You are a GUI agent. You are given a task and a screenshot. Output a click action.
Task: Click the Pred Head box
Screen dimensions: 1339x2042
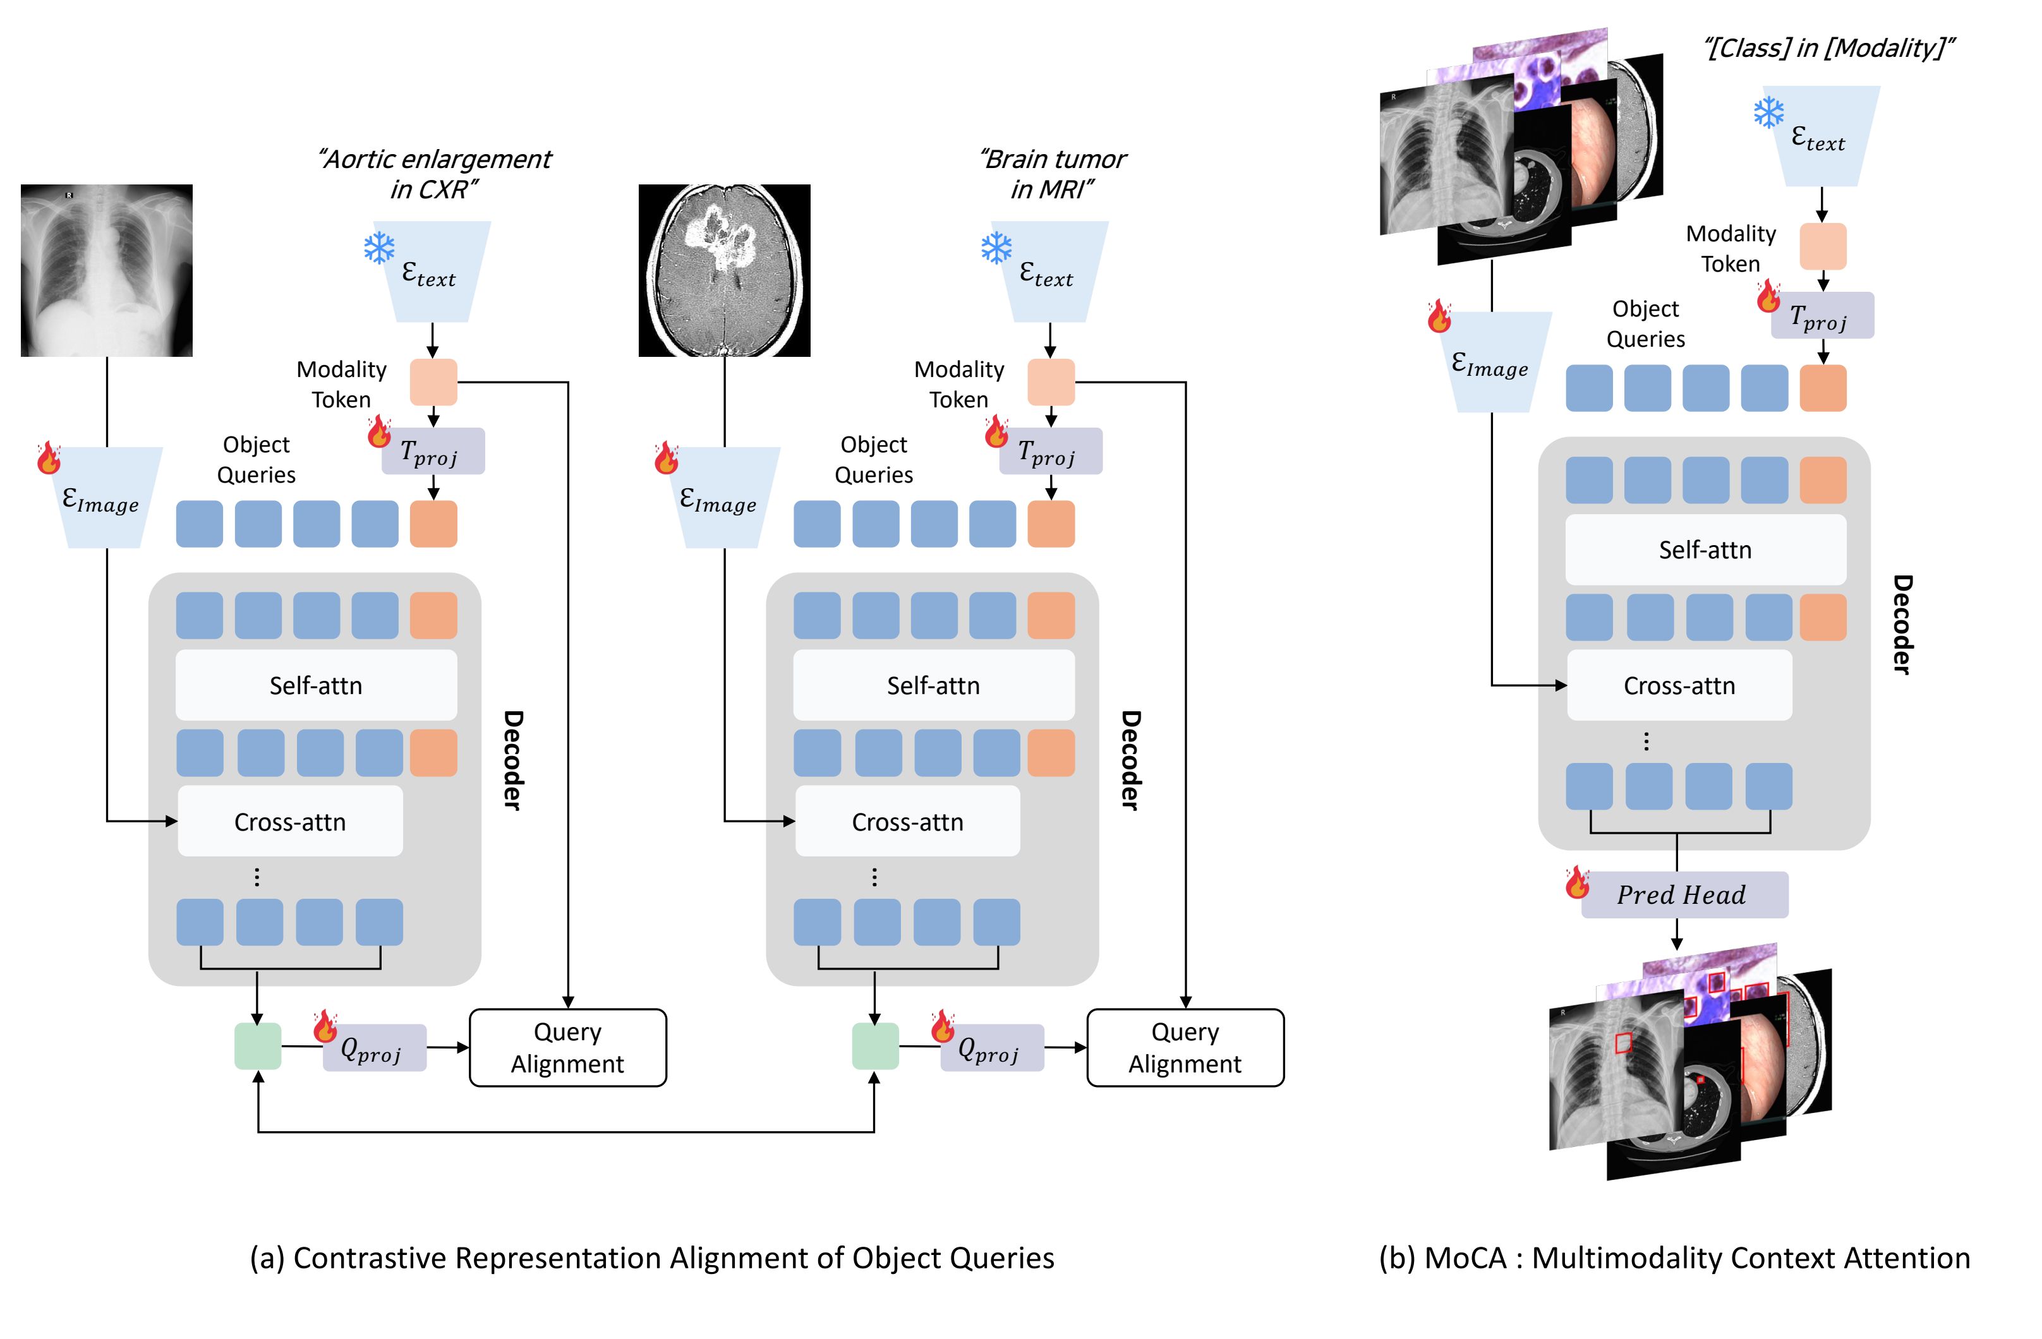pos(1683,895)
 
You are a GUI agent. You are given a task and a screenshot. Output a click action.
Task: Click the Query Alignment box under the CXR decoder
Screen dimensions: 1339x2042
pos(567,1047)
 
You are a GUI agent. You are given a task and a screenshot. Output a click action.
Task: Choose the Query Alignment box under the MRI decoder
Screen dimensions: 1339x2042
pos(1185,1047)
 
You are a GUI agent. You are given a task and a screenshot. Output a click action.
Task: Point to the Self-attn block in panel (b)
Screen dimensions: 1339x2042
pos(1705,550)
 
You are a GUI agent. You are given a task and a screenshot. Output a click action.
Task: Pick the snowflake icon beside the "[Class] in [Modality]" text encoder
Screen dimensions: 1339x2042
pos(1768,112)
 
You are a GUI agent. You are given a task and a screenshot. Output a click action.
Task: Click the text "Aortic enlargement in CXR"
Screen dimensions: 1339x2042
pos(435,174)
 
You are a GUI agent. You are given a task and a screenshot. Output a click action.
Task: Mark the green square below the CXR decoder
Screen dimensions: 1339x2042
pos(257,1047)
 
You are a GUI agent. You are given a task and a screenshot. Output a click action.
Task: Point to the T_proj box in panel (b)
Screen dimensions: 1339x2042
pos(1821,316)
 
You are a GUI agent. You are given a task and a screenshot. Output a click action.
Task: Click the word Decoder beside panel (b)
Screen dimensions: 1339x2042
pos(1902,625)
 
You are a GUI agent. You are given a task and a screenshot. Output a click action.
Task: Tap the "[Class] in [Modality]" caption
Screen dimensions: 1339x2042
pos(1828,48)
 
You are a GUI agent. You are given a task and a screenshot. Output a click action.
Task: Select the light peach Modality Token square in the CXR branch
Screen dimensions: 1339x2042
pos(433,381)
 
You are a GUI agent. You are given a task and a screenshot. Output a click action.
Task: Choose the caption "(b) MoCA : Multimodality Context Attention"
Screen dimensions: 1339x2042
pos(1674,1258)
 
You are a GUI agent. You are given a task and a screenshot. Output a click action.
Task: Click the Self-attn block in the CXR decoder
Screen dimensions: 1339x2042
pos(316,685)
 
